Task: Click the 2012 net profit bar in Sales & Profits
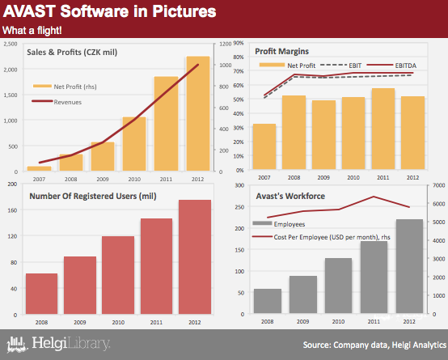198,113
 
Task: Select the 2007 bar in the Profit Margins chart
264,146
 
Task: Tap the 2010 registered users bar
118,275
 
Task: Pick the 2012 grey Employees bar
409,266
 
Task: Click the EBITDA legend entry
391,66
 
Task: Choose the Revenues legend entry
57,102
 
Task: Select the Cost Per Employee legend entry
321,237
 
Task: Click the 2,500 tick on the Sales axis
11,44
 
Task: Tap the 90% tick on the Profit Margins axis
239,43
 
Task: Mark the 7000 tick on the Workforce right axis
439,185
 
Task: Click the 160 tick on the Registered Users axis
14,210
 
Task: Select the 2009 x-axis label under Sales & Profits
103,180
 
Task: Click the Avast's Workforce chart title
290,196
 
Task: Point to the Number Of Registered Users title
93,196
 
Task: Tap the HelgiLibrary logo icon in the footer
17,344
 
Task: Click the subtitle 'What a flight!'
32,30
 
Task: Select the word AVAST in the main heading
29,11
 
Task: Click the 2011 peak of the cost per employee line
374,197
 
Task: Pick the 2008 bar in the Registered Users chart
42,294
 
